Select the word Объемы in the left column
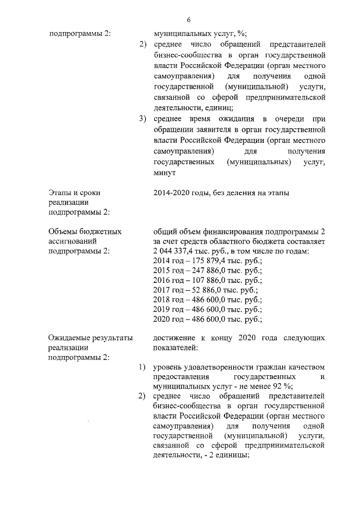pos(65,231)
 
